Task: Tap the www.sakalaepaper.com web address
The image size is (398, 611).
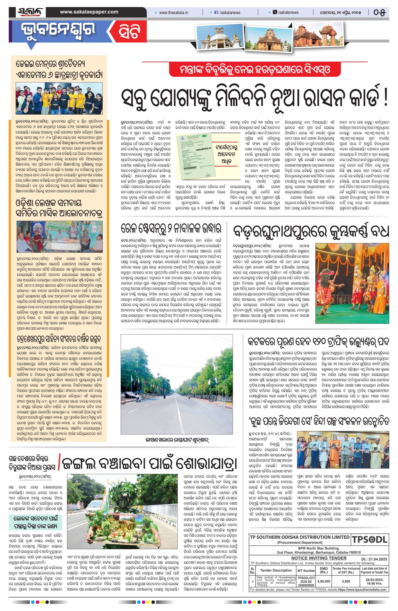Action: tap(89, 12)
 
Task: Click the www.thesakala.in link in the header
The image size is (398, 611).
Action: tap(174, 12)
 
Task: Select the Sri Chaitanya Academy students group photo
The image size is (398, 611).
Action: tap(59, 98)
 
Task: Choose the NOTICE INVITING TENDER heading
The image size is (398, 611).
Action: tap(319, 558)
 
